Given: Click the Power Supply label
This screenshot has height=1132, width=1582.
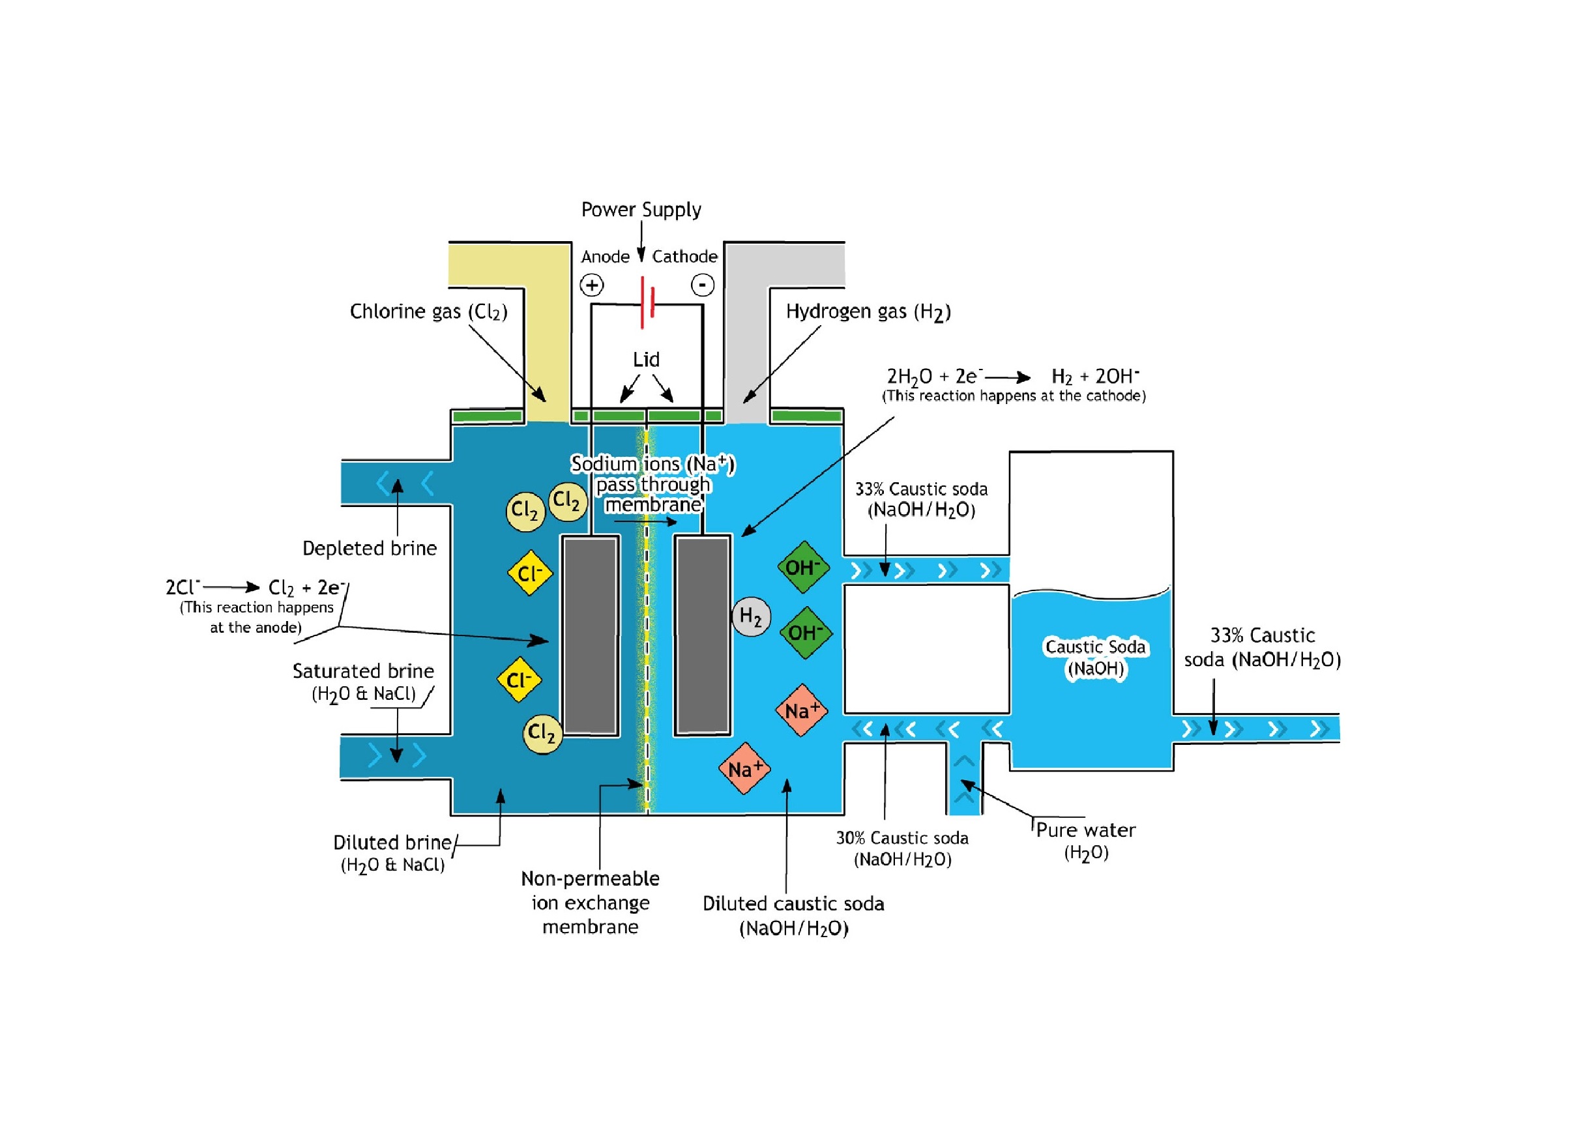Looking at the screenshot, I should point(641,210).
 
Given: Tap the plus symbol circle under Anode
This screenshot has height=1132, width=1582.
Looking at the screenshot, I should point(591,285).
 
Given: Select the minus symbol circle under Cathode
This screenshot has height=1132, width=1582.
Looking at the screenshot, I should point(702,285).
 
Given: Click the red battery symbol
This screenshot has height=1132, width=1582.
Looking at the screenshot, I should point(647,302).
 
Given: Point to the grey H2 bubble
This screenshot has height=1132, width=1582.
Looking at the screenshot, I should point(750,617).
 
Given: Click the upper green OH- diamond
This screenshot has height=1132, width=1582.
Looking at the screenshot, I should point(803,568).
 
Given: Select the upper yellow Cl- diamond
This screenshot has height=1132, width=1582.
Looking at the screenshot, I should point(530,573).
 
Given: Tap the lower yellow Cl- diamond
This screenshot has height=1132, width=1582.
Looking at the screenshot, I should point(520,680).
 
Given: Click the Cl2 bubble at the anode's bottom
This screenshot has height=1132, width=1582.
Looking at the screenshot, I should point(542,734).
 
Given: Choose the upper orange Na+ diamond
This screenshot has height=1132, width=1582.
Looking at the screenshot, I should point(802,710).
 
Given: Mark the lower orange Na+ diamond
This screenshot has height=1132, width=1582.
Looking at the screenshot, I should point(744,768).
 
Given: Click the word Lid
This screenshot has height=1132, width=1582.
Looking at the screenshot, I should point(645,360).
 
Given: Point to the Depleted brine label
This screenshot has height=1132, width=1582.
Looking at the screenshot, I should point(370,549).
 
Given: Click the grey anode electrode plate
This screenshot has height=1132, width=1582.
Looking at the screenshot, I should point(591,634).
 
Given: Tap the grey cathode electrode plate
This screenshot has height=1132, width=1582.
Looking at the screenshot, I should point(702,634).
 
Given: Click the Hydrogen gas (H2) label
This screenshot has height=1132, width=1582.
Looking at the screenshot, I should point(868,312).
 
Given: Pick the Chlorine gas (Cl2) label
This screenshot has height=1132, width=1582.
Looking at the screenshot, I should point(428,312).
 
